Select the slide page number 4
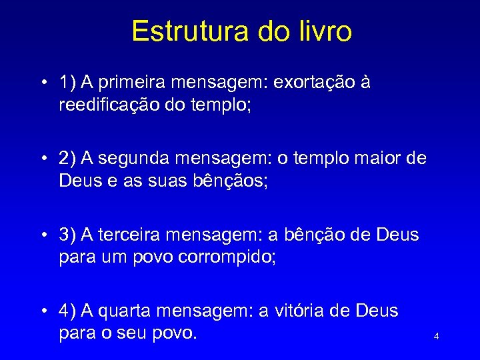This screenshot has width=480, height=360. click(x=436, y=337)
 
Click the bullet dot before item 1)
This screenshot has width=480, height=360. click(x=42, y=83)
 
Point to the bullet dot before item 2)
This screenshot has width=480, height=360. click(x=42, y=159)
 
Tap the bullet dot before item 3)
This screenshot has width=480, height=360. click(x=42, y=235)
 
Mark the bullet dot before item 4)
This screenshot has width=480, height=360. click(x=42, y=311)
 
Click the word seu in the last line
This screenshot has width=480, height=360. click(x=127, y=333)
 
